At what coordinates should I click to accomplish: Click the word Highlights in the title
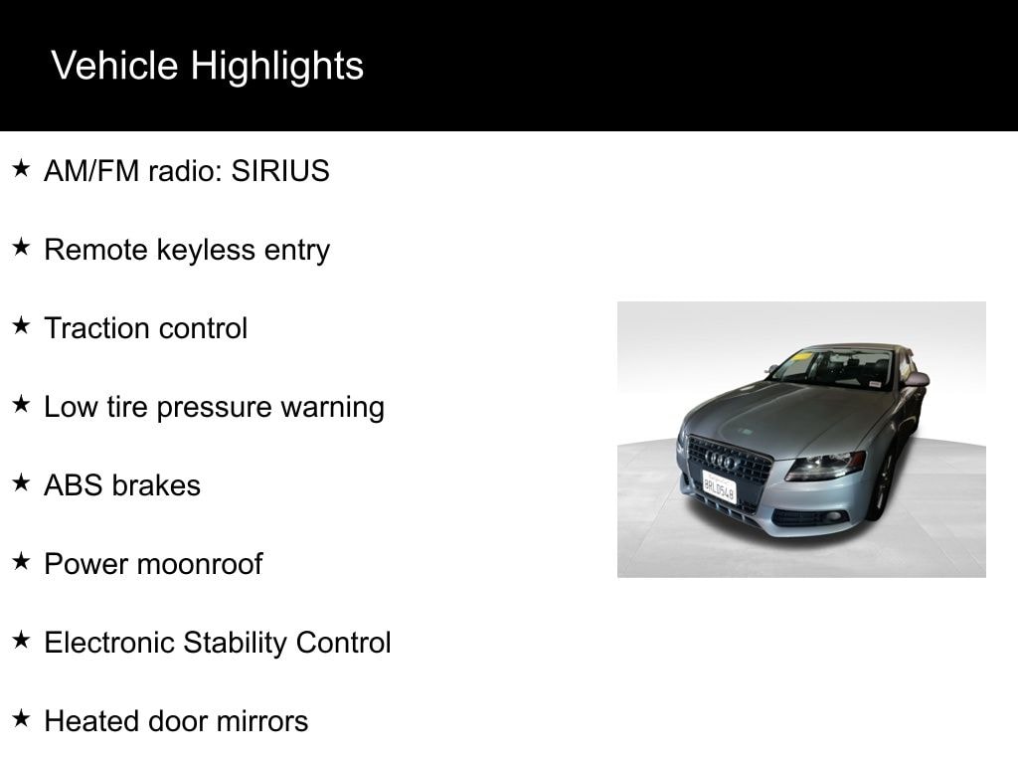click(276, 67)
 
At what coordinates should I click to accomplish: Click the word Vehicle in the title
click(114, 66)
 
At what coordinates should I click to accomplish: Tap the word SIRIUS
click(280, 171)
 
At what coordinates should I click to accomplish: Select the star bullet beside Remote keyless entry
click(22, 247)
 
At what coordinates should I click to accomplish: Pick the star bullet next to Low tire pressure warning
click(22, 404)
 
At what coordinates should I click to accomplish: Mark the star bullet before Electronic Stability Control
click(22, 640)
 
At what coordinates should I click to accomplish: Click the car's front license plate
click(720, 486)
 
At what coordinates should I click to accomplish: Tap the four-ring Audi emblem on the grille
click(723, 461)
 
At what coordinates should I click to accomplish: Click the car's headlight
click(824, 466)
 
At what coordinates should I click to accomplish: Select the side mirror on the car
click(915, 379)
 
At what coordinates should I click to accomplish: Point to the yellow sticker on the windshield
click(803, 356)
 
